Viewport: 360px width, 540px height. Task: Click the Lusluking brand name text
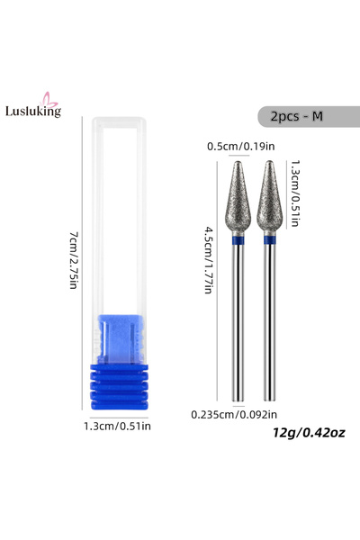point(33,112)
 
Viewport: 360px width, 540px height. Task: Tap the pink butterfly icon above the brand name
point(49,100)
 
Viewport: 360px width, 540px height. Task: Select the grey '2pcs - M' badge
point(309,116)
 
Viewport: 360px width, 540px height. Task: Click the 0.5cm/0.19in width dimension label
point(241,147)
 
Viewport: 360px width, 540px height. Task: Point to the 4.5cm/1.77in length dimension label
point(209,260)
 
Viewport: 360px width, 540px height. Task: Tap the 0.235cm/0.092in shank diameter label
point(234,414)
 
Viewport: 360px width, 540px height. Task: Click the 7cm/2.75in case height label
point(74,260)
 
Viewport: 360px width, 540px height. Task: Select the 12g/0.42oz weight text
point(309,432)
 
